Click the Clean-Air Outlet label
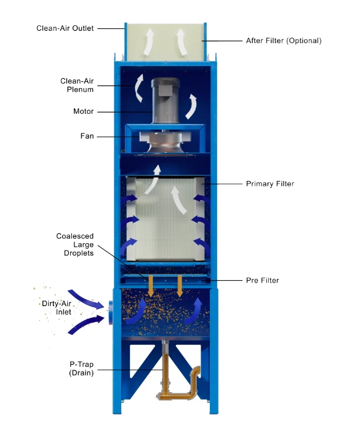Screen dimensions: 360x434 pyautogui.click(x=65, y=28)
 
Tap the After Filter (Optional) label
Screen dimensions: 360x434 pyautogui.click(x=284, y=41)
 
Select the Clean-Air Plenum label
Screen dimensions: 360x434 pyautogui.click(x=77, y=85)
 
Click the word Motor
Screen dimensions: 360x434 pyautogui.click(x=83, y=111)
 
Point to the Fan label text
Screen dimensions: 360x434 pyautogui.click(x=87, y=136)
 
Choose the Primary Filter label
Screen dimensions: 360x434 pyautogui.click(x=270, y=184)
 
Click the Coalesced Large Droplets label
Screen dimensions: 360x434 pyautogui.click(x=75, y=244)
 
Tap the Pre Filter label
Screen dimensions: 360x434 pyautogui.click(x=262, y=280)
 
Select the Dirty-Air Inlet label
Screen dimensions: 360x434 pyautogui.click(x=57, y=308)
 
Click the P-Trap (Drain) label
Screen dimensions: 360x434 pyautogui.click(x=81, y=368)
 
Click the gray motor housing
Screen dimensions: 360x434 pyautogui.click(x=165, y=100)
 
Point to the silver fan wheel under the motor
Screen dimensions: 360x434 pyautogui.click(x=165, y=143)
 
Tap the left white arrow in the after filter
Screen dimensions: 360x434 pyautogui.click(x=148, y=41)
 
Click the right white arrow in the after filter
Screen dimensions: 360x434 pyautogui.click(x=182, y=41)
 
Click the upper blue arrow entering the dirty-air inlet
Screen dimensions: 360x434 pyautogui.click(x=86, y=299)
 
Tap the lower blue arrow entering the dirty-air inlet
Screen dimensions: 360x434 pyautogui.click(x=86, y=324)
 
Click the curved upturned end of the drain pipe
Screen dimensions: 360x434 pyautogui.click(x=195, y=372)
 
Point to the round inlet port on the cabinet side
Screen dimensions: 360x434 pyautogui.click(x=111, y=312)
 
